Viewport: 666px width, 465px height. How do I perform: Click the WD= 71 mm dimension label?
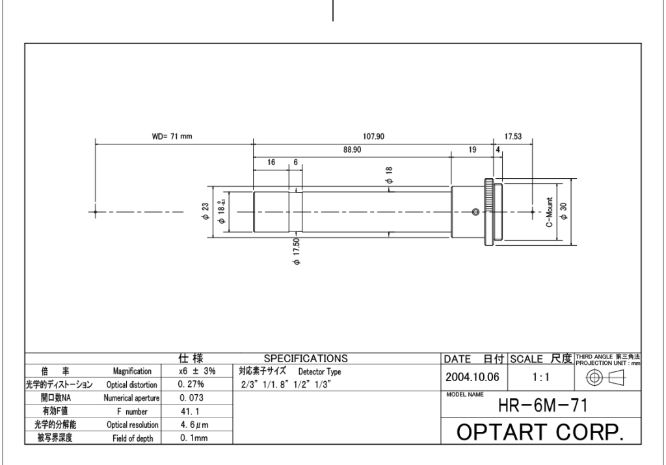click(x=172, y=137)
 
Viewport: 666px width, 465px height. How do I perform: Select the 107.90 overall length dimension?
click(x=373, y=137)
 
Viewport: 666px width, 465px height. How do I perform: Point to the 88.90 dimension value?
click(x=352, y=150)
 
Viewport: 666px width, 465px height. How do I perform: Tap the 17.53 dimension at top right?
click(x=513, y=137)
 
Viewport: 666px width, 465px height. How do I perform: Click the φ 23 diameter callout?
click(x=206, y=211)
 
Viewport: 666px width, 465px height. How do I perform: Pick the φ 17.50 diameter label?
click(x=297, y=251)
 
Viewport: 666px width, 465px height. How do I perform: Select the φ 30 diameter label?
click(x=564, y=211)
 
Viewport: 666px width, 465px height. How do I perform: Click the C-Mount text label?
click(x=550, y=212)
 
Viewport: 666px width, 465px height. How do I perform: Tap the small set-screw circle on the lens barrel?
click(x=475, y=212)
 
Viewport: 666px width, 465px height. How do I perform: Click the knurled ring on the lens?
click(x=488, y=212)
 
